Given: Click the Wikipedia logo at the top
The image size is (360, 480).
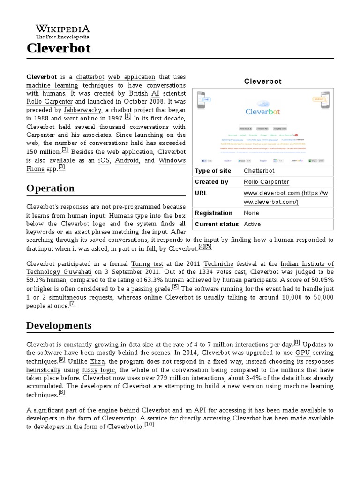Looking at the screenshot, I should click(x=63, y=31).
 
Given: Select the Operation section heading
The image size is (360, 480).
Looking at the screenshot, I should click(x=50, y=188).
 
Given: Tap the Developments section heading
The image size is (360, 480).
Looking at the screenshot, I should click(x=59, y=325).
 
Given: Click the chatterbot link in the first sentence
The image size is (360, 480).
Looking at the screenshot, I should click(x=90, y=77).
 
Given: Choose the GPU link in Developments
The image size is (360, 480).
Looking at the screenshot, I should click(x=302, y=352).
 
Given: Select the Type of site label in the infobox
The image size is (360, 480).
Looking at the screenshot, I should click(x=213, y=171).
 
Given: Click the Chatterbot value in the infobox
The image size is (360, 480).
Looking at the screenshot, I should click(x=259, y=171).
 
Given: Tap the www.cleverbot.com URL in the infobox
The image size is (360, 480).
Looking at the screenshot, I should click(x=271, y=193).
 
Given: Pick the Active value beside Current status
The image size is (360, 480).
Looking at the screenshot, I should click(x=252, y=224).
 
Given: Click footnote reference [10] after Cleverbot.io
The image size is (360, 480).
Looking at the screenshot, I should click(x=149, y=425).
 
